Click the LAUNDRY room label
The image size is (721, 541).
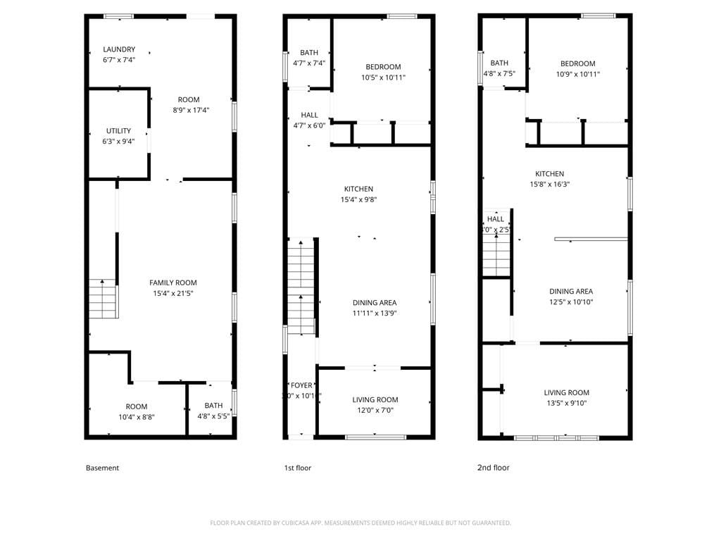[119, 49]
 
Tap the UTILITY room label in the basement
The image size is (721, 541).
[119, 131]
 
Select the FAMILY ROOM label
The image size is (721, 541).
[173, 282]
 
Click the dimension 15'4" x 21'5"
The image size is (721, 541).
[173, 293]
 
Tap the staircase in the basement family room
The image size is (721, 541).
[103, 299]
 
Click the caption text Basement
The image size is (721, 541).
[102, 468]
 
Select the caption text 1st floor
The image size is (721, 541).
[296, 468]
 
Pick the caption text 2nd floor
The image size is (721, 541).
[494, 468]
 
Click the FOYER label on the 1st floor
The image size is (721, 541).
[301, 385]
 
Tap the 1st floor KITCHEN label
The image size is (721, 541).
[358, 189]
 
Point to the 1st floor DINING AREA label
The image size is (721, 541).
[375, 303]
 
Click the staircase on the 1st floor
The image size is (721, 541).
[301, 285]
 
